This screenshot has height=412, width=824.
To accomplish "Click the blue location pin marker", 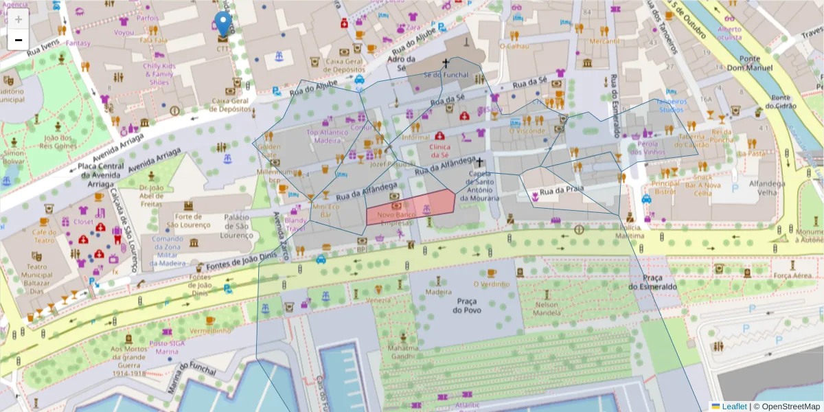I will point(222,25).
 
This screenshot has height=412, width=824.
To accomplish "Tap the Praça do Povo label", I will point(466,306).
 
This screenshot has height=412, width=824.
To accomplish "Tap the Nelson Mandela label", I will point(547,309).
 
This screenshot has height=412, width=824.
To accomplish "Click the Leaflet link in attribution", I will point(733,407).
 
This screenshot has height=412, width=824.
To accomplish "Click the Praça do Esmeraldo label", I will point(652,282).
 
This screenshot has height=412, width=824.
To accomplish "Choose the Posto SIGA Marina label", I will point(167,347).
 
